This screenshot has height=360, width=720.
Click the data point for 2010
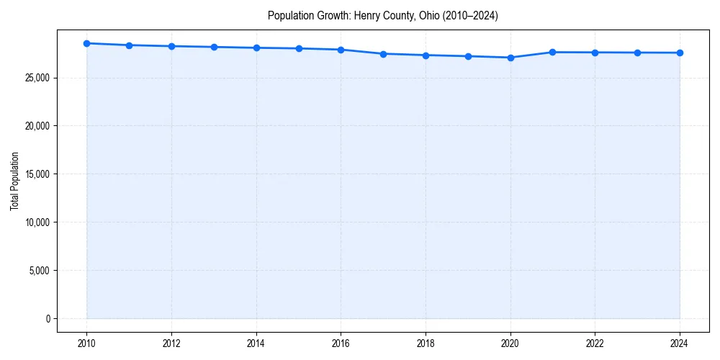click(86, 43)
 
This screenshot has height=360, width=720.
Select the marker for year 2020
click(510, 58)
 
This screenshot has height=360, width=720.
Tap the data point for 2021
click(553, 52)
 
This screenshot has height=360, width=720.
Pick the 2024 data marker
click(680, 53)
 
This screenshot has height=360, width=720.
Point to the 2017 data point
click(383, 54)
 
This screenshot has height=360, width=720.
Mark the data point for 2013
click(214, 47)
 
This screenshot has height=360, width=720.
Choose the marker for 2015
click(299, 48)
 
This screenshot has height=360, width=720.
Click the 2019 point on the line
click(468, 56)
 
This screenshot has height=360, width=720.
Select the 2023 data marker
click(637, 53)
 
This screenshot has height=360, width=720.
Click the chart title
click(382, 15)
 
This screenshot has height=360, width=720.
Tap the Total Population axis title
click(14, 181)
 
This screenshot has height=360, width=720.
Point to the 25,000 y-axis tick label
click(38, 78)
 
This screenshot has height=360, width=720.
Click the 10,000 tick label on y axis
click(38, 222)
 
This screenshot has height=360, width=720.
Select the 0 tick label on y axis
click(48, 318)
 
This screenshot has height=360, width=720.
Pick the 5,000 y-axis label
click(40, 271)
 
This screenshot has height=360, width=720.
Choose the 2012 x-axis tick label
click(171, 343)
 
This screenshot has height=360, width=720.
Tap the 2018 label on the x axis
click(426, 343)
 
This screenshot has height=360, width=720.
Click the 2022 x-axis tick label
click(595, 343)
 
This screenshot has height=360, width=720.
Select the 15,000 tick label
click(38, 174)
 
